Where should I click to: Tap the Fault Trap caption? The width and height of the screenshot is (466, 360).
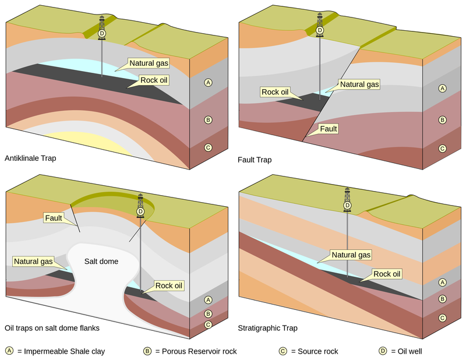click(x=255, y=159)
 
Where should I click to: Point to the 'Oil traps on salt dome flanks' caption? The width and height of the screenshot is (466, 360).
click(x=52, y=328)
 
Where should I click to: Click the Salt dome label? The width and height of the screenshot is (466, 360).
click(x=101, y=262)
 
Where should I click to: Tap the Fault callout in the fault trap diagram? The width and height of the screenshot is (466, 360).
click(x=328, y=129)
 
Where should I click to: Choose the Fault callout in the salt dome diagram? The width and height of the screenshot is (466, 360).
click(x=54, y=218)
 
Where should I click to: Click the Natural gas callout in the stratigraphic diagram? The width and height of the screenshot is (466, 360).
click(x=351, y=255)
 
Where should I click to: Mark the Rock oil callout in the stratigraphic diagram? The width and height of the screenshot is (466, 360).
click(x=387, y=274)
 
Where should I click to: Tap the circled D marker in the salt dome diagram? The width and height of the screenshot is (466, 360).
click(x=140, y=211)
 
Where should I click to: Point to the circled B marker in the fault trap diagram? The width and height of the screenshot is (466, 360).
click(x=442, y=120)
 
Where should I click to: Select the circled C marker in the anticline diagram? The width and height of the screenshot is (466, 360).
click(x=207, y=147)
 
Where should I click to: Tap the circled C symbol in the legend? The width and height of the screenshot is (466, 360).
click(x=283, y=351)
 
